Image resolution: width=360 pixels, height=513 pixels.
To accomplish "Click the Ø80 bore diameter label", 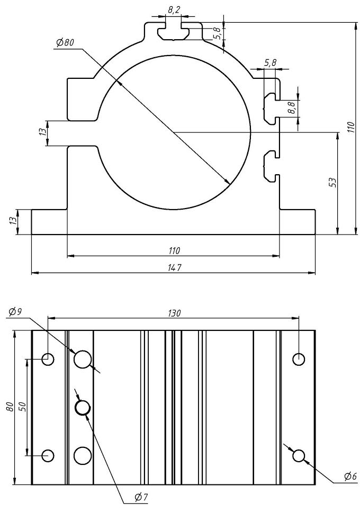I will tap(64, 43).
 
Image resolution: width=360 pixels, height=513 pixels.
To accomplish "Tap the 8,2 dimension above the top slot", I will tap(174, 10).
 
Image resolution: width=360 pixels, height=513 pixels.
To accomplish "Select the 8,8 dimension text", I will tap(291, 108).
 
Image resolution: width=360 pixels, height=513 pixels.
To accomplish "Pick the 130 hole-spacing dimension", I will tap(173, 313).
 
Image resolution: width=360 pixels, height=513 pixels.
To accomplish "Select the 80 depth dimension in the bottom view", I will tap(10, 407).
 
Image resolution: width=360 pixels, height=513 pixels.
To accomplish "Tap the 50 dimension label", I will tap(22, 407).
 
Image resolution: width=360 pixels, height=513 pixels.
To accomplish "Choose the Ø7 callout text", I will tap(140, 497).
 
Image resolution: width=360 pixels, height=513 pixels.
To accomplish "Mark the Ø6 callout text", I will tap(349, 477).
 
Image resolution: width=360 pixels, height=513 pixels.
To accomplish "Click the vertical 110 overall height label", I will tap(350, 127).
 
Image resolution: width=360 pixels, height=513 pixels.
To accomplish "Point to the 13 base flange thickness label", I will tap(13, 222).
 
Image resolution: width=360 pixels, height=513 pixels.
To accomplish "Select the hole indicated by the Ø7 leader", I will tap(83, 407).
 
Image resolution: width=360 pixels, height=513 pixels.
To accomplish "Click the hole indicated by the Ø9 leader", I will tap(83, 359).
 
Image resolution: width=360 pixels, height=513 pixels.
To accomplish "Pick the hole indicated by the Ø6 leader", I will tap(299, 455).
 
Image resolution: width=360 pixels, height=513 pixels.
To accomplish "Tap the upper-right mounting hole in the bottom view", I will tap(299, 359).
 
